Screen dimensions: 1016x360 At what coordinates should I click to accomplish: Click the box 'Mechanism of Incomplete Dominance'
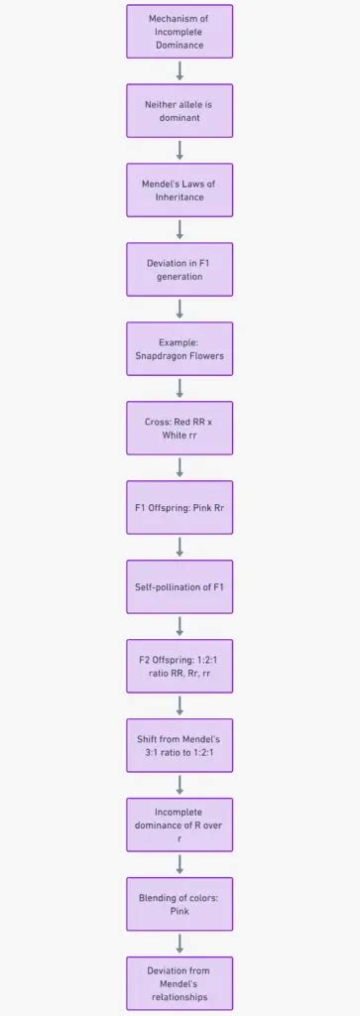[180, 31]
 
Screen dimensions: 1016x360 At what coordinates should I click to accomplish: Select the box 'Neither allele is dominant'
[180, 110]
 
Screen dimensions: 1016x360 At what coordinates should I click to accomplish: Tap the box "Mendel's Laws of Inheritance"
[180, 190]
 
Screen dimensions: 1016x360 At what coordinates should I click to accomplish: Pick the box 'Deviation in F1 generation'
[180, 269]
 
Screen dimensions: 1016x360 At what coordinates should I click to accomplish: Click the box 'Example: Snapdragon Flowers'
[180, 348]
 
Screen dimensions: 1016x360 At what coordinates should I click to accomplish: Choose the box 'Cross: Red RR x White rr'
[180, 428]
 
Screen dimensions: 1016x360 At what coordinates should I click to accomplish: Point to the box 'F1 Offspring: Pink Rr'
[180, 507]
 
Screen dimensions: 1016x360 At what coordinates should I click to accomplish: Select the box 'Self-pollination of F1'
[180, 586]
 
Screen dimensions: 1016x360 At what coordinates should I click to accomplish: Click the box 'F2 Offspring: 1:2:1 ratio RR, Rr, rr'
[180, 666]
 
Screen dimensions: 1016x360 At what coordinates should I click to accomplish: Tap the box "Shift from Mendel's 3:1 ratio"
[180, 745]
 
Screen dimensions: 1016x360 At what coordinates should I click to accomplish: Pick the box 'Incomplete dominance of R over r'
[180, 825]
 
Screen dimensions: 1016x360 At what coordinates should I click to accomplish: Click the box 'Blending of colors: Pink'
[180, 904]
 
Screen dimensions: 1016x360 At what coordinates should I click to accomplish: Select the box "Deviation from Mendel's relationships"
[180, 983]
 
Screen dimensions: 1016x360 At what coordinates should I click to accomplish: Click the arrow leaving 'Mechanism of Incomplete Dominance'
[180, 70]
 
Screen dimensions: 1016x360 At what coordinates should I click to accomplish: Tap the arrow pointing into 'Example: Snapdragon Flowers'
[180, 309]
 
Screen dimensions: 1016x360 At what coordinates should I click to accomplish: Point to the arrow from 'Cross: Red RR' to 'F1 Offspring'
[180, 467]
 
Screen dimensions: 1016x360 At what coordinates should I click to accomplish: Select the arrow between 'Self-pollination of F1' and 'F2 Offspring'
[180, 626]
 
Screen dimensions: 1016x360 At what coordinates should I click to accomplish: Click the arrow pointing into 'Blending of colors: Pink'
[180, 864]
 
